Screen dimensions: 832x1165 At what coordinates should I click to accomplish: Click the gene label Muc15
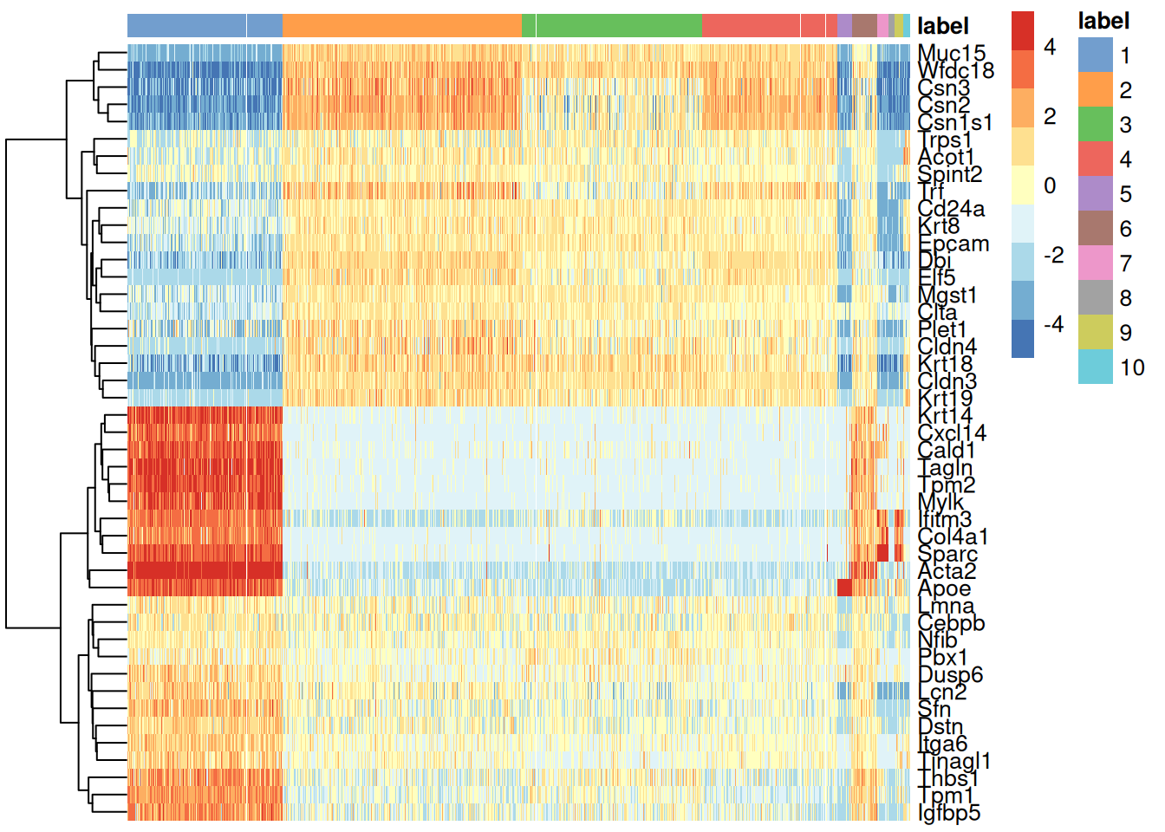tap(951, 54)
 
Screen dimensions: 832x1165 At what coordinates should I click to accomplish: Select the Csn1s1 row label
tap(954, 122)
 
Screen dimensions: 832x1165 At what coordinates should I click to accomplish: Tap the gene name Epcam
tap(953, 244)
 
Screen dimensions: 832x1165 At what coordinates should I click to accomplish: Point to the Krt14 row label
tap(945, 415)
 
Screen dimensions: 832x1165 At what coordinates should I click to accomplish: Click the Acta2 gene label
tap(947, 571)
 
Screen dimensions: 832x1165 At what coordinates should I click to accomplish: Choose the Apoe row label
tap(944, 588)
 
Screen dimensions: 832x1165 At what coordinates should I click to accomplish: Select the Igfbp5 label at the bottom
tap(949, 813)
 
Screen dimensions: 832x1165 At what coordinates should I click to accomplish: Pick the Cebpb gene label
tap(951, 623)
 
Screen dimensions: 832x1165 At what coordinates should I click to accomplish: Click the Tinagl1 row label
tap(953, 761)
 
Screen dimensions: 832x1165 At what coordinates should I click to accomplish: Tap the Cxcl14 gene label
tap(951, 432)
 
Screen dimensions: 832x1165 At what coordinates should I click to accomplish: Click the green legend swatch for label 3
tap(1095, 124)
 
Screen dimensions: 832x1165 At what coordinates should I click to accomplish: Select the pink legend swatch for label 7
tap(1095, 263)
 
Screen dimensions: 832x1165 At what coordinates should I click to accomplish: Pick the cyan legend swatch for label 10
tap(1095, 367)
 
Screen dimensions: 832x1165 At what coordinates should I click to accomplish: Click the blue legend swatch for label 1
tap(1095, 55)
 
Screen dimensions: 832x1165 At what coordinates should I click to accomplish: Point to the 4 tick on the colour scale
tap(1050, 47)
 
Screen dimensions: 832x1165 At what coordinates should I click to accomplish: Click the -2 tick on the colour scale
tap(1052, 255)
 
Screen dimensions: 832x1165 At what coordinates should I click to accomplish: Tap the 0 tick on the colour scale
tap(1050, 185)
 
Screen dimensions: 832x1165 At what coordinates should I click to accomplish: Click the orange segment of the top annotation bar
tap(401, 25)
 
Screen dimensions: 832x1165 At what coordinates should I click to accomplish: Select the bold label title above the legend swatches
tap(1103, 21)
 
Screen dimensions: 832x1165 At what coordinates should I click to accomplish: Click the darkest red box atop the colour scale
tap(1023, 30)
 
